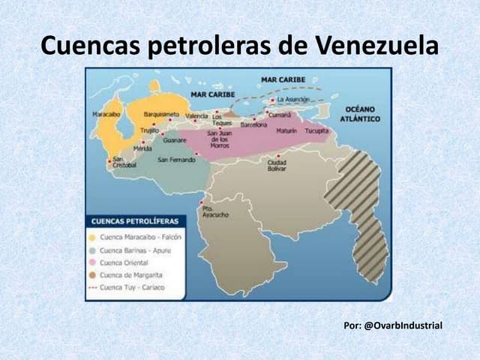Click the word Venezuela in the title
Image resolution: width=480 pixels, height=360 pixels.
(x=375, y=46)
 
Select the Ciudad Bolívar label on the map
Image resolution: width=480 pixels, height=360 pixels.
(x=277, y=166)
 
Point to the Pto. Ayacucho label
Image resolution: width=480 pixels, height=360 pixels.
(x=215, y=211)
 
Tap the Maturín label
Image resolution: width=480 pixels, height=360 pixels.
(x=287, y=130)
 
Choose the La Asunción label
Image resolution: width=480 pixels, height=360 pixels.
(x=292, y=99)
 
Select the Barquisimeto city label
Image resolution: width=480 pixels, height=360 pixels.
(x=162, y=114)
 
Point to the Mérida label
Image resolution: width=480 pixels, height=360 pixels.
(x=142, y=148)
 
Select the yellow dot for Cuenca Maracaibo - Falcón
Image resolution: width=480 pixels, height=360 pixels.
(x=92, y=237)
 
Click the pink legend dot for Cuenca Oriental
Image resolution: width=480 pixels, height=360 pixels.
(x=92, y=262)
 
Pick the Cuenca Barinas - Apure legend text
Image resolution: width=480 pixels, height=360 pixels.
(x=135, y=250)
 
